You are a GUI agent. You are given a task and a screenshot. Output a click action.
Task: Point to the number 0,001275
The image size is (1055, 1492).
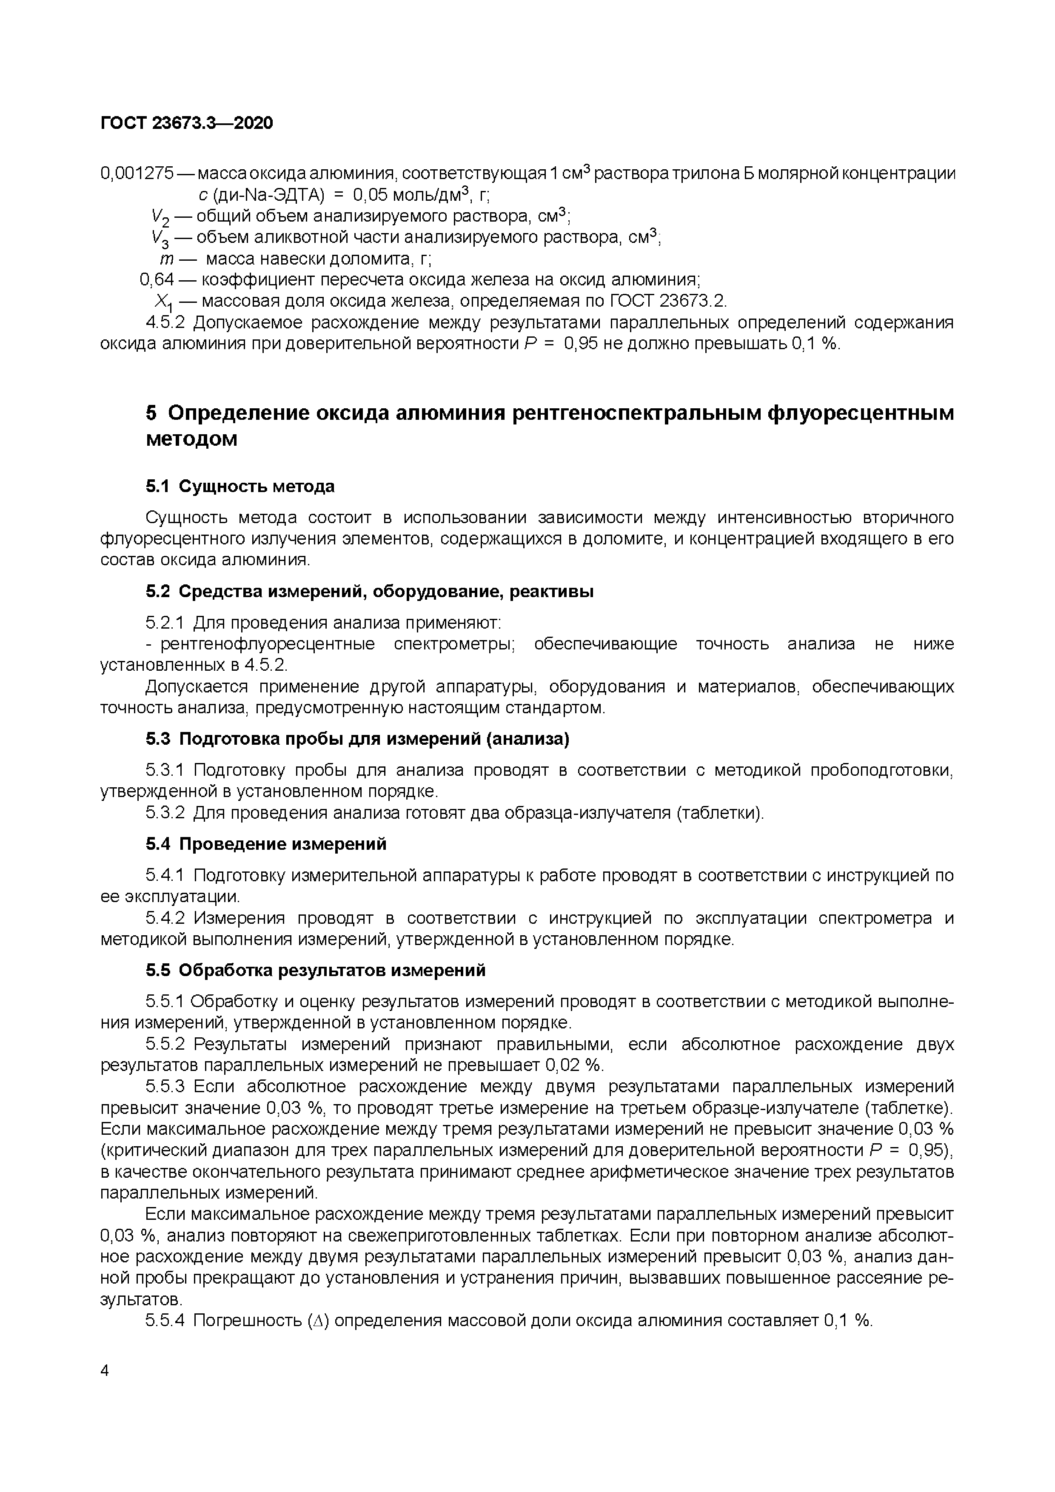point(137,174)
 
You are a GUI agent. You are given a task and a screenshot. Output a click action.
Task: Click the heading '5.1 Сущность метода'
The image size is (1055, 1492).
point(240,486)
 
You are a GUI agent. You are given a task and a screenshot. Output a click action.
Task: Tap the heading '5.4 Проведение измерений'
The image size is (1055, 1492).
point(266,844)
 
